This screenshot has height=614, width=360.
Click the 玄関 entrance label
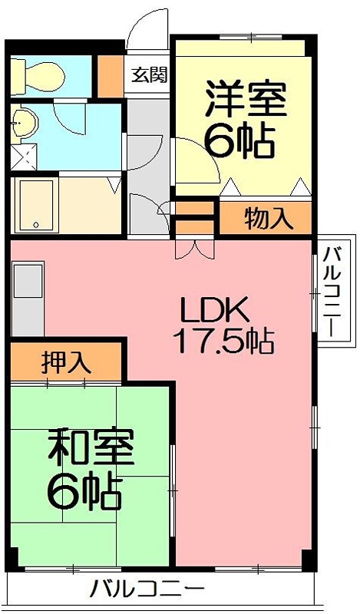coord(149,74)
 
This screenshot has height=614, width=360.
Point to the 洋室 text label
coord(245,100)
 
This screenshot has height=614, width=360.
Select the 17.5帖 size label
coord(223,341)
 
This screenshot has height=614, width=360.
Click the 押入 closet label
coord(65,361)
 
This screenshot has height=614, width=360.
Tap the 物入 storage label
coord(269,220)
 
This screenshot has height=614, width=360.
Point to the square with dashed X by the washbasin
coord(25,157)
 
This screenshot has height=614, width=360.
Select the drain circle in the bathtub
coord(35,225)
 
